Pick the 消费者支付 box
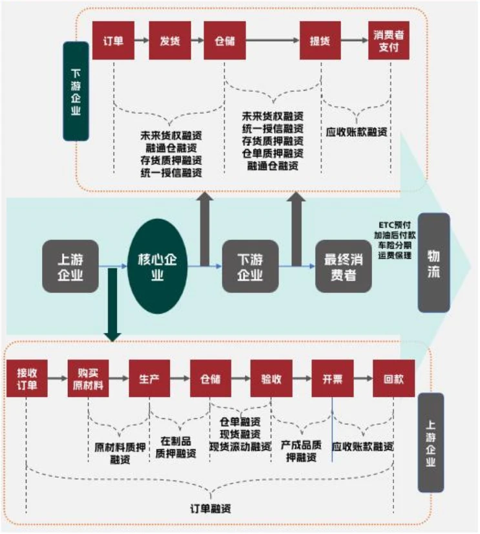390,40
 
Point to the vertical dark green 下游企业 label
76,91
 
